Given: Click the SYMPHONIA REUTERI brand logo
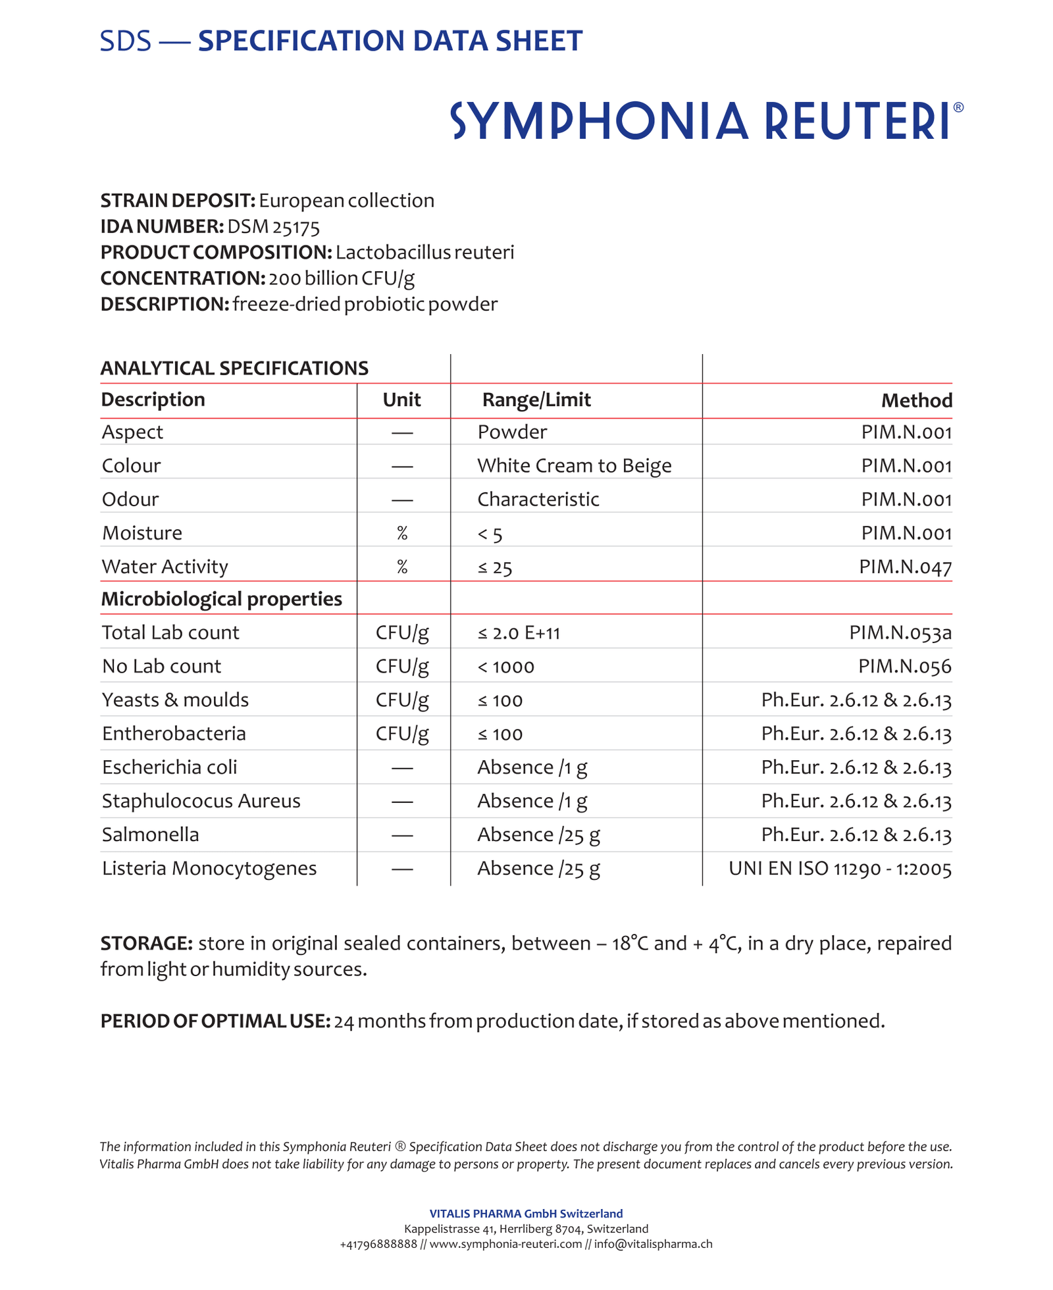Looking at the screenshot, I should click(701, 121).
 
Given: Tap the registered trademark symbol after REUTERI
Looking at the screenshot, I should click(958, 107).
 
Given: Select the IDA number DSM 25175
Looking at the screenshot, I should click(273, 227).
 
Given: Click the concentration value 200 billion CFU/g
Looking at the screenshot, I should click(342, 278).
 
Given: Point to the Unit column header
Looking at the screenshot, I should click(401, 400).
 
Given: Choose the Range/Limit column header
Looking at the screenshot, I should click(536, 400).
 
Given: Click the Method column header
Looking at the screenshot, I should click(916, 401).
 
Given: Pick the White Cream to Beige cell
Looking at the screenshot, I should click(574, 466).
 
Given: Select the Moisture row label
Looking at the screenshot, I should click(142, 533).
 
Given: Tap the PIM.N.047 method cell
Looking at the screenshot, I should click(905, 567).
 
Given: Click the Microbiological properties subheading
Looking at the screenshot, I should click(222, 599).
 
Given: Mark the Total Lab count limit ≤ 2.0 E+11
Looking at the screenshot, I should click(519, 633).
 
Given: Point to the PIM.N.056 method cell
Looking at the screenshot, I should click(905, 667).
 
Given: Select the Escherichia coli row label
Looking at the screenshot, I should click(169, 767).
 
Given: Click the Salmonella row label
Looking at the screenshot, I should click(150, 835).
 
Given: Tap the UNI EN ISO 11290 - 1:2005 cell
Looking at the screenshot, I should click(840, 869).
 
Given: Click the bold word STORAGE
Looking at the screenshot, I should click(146, 943).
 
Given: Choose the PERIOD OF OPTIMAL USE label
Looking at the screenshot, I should click(215, 1021).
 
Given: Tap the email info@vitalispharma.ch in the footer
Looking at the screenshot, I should click(653, 1244).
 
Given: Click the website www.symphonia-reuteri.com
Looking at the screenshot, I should click(505, 1244).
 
